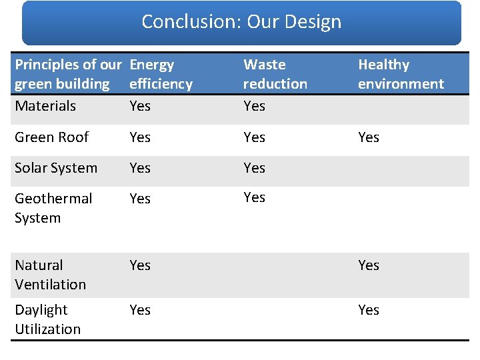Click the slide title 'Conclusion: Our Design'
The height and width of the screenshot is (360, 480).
(241, 22)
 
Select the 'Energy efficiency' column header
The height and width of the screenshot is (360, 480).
(161, 74)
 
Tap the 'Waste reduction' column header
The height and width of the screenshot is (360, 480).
(275, 74)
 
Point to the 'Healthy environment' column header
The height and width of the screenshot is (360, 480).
(401, 74)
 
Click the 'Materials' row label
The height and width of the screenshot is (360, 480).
(45, 106)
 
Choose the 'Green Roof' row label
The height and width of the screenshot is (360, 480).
(51, 137)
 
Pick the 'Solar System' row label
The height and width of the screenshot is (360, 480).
(56, 168)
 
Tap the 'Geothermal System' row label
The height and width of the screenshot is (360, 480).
(53, 208)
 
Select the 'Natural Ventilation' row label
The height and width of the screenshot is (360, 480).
(50, 275)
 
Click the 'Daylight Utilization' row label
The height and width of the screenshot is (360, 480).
(47, 319)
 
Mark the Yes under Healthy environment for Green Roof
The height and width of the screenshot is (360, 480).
(369, 137)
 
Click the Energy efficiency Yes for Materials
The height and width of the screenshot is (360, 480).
(140, 106)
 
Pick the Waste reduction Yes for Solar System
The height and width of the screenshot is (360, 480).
(255, 168)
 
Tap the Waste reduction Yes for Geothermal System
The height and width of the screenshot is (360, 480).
(255, 197)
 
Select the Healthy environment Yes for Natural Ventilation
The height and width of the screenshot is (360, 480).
(369, 265)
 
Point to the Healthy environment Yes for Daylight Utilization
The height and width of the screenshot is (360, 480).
(369, 310)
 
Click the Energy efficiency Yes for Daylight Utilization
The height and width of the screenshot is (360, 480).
(140, 310)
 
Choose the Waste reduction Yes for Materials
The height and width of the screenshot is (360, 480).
(255, 106)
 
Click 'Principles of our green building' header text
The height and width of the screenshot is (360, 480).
(68, 74)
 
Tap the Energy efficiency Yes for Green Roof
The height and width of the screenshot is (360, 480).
(140, 137)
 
